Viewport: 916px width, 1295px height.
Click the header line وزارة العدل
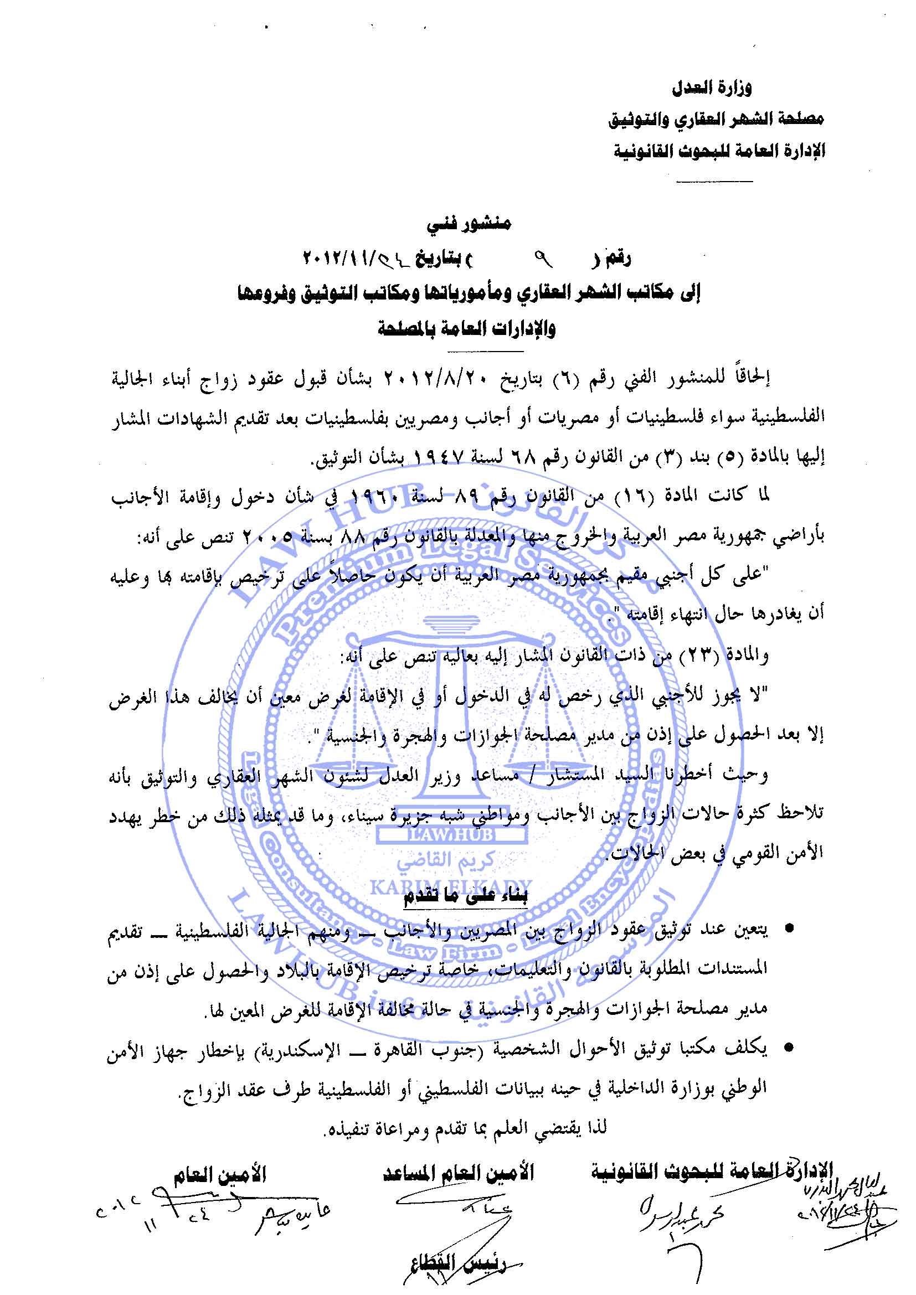coord(712,89)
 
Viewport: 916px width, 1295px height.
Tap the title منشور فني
coord(469,224)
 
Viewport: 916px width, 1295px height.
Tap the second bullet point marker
coord(790,1048)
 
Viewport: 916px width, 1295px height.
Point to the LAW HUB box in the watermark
coord(450,834)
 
